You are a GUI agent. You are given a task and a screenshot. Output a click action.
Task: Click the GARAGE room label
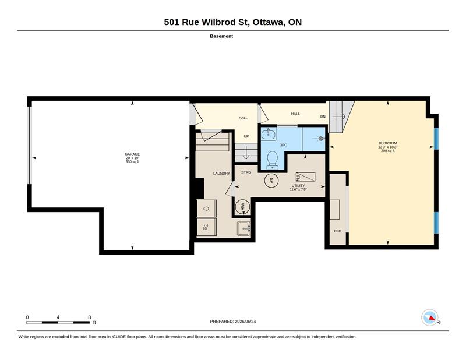(132, 154)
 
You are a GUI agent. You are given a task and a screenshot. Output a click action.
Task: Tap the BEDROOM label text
(387, 143)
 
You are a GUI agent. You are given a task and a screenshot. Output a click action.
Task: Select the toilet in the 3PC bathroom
(272, 160)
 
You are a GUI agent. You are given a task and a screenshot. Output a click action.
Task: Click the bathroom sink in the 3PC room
(269, 134)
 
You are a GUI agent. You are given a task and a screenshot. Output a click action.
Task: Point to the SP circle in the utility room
(271, 180)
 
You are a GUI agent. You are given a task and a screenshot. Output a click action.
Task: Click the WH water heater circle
(242, 206)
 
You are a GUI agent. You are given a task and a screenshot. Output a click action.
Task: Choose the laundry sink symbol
(243, 228)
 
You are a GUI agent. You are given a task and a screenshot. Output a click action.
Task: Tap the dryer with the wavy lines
(206, 227)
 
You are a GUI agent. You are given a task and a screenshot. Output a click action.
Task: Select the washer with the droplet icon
(206, 209)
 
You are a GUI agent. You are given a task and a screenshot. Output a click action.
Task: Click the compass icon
(430, 317)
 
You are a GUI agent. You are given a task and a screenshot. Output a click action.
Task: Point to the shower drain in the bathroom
(320, 139)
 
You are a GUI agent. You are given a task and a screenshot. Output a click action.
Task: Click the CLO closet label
(338, 231)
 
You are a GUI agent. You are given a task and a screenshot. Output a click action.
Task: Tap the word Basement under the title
(221, 36)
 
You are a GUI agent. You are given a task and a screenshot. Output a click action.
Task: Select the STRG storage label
(246, 172)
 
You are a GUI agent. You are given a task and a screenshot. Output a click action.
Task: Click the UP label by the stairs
(246, 136)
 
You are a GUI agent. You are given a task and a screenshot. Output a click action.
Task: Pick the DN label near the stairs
(323, 117)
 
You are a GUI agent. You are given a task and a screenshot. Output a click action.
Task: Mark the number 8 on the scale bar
(90, 317)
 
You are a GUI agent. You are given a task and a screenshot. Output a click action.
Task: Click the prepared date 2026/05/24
(245, 322)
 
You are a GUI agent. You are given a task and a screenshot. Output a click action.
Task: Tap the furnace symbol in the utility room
(305, 177)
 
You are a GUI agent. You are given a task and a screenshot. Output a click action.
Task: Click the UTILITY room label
(298, 185)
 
